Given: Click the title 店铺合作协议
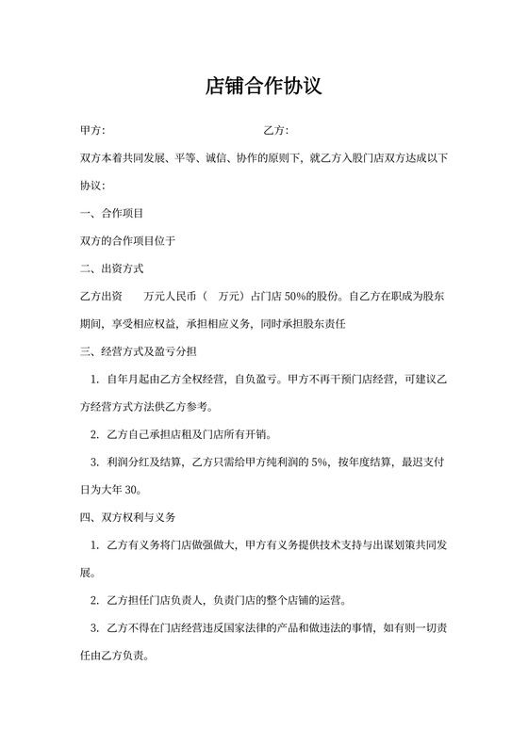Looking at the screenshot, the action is pyautogui.click(x=264, y=87).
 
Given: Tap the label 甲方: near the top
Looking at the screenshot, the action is pyautogui.click(x=92, y=130).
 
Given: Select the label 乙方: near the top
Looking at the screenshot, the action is pyautogui.click(x=275, y=130).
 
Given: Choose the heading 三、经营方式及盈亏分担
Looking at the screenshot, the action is pyautogui.click(x=139, y=351).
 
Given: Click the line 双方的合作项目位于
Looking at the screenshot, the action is pyautogui.click(x=128, y=241).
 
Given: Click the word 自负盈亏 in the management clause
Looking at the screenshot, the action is pyautogui.click(x=255, y=380).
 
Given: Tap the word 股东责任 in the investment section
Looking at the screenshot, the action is pyautogui.click(x=328, y=324).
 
